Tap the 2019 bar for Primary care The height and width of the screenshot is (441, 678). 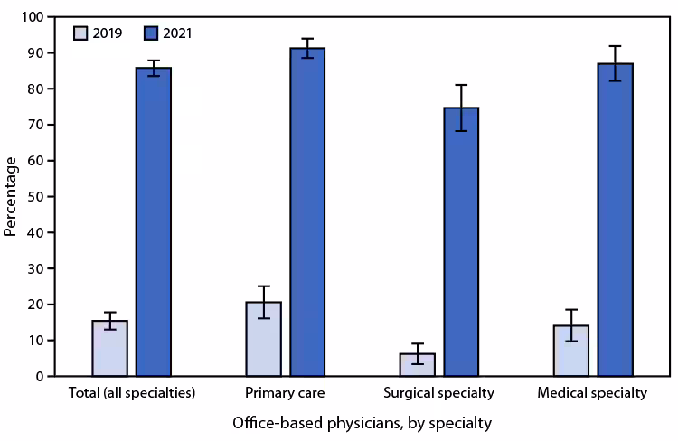[x=263, y=339]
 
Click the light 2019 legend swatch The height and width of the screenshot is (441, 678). [x=81, y=33]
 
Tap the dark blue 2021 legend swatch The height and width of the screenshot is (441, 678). [x=151, y=33]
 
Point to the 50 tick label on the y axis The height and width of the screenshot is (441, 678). [x=34, y=197]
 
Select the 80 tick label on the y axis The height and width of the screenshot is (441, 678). [x=34, y=89]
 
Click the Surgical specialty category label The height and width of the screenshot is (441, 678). [x=438, y=394]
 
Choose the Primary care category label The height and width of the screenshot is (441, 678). [x=286, y=394]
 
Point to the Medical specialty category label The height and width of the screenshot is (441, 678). [x=592, y=394]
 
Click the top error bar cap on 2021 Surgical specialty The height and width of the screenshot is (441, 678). [x=461, y=85]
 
